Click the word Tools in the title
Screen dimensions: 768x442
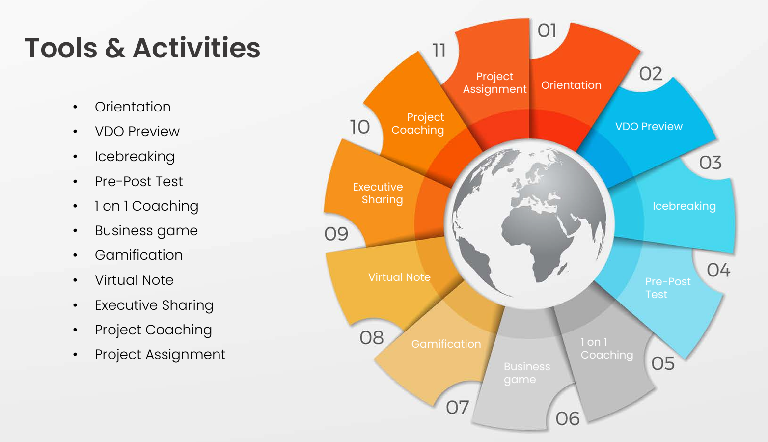pyautogui.click(x=61, y=48)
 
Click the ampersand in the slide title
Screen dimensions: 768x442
pyautogui.click(x=115, y=48)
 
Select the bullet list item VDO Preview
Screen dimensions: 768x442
pyautogui.click(x=137, y=131)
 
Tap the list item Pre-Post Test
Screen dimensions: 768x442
pyautogui.click(x=138, y=181)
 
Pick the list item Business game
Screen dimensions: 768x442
pyautogui.click(x=146, y=231)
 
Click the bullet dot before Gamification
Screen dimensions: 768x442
pyautogui.click(x=75, y=255)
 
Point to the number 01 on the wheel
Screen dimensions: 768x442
pyautogui.click(x=547, y=30)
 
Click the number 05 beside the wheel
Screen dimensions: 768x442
pyautogui.click(x=663, y=363)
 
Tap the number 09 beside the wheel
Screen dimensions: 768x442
pyautogui.click(x=336, y=234)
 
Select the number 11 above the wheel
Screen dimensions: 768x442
pyautogui.click(x=439, y=51)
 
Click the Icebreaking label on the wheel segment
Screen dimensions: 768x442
pyautogui.click(x=684, y=206)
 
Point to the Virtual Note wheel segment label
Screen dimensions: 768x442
pyautogui.click(x=399, y=277)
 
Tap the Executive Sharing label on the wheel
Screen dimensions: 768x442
pyautogui.click(x=378, y=193)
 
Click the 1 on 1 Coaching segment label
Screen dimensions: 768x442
pyautogui.click(x=607, y=348)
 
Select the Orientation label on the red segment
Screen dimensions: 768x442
pyautogui.click(x=571, y=85)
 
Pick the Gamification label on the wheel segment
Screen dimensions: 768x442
pyautogui.click(x=446, y=344)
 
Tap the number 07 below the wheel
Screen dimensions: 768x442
pyautogui.click(x=457, y=407)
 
